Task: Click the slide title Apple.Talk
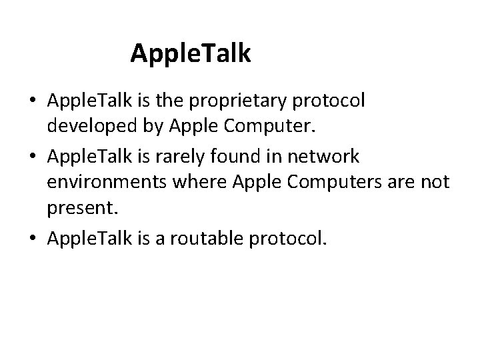191,53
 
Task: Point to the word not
437,182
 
